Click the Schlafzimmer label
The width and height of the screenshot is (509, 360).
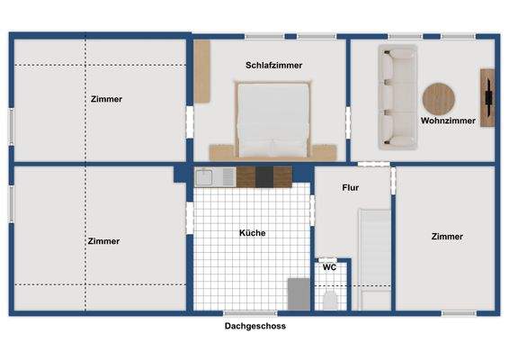(273, 66)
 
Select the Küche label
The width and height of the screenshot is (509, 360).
(252, 233)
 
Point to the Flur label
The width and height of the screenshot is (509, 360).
(351, 189)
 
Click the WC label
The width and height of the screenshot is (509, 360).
(329, 267)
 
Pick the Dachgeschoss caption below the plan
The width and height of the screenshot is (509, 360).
(254, 327)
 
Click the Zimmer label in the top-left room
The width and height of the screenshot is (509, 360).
(106, 99)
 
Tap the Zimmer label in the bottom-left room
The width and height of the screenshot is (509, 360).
(103, 241)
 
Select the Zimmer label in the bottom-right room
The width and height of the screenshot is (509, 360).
(447, 237)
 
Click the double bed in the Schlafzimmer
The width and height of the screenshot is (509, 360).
(273, 118)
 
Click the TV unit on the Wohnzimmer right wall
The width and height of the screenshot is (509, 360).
(487, 97)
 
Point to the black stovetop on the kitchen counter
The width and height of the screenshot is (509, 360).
(264, 176)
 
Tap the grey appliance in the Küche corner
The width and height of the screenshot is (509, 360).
(298, 294)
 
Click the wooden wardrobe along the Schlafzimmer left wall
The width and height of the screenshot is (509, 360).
(202, 70)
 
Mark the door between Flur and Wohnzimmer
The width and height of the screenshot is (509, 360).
(374, 165)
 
